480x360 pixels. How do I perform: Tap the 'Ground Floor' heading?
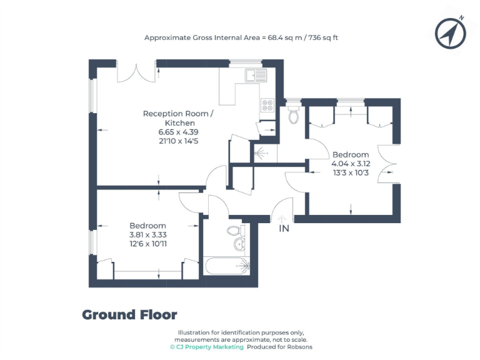(129, 315)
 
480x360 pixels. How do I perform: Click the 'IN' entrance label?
(284, 229)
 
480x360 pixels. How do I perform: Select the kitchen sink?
(256, 76)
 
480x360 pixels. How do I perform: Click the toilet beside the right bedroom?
(295, 114)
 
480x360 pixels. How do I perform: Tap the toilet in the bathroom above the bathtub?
(234, 229)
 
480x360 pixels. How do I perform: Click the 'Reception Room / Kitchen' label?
(178, 118)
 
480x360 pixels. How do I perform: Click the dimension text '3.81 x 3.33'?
(148, 234)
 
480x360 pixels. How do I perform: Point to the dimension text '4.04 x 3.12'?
(351, 164)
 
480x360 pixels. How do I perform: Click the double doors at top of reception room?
(136, 71)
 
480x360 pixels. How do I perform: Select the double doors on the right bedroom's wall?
(391, 163)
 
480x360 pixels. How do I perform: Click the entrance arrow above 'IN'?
(282, 219)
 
